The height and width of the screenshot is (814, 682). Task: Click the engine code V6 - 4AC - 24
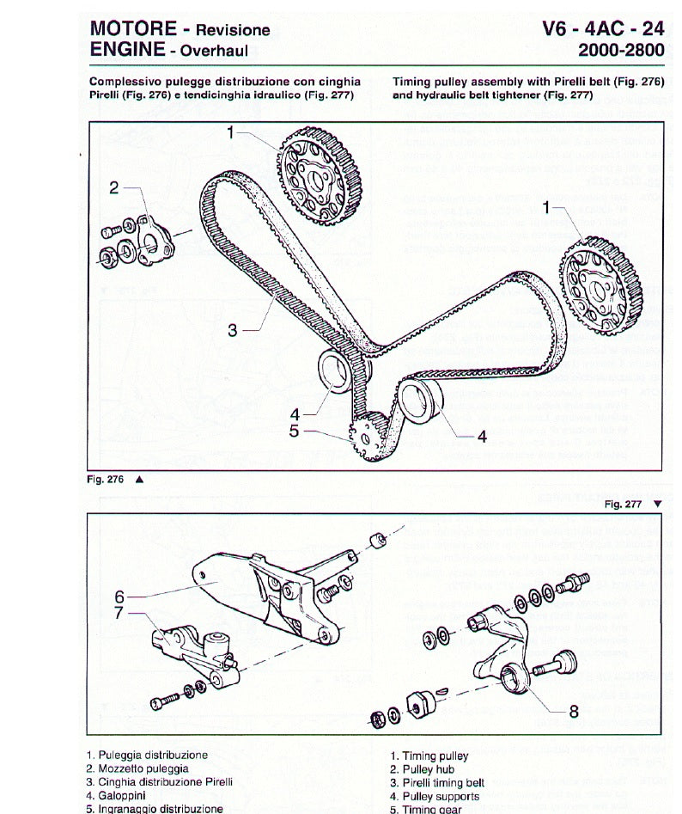603,28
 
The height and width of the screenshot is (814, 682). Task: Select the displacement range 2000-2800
620,50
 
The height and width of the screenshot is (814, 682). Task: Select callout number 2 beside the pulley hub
114,188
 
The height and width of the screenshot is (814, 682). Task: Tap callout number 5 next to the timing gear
294,430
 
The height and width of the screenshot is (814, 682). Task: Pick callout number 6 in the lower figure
120,594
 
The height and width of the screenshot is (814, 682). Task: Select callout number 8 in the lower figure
574,710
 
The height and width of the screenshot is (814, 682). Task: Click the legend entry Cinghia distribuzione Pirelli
159,782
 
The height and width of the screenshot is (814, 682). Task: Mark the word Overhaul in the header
214,51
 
